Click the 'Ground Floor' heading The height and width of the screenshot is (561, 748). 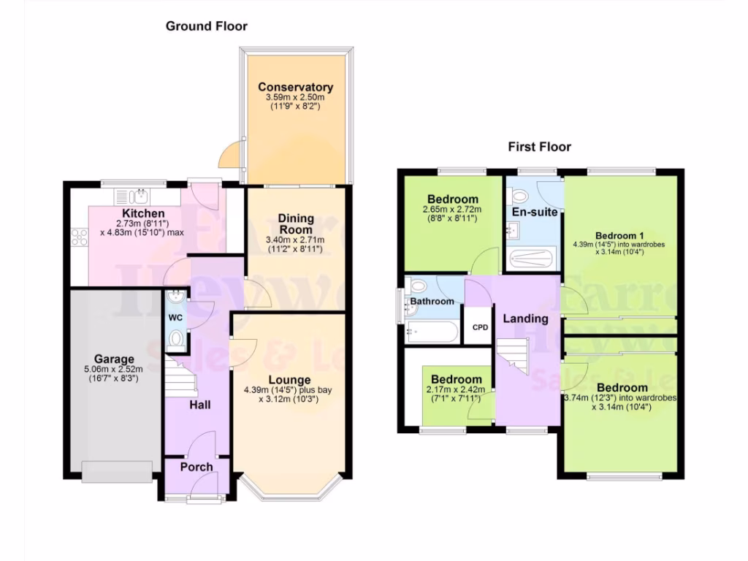[x=207, y=26]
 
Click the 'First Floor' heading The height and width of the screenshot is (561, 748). [x=540, y=147]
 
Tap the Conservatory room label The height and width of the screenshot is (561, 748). [x=295, y=88]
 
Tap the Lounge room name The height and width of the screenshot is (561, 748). [x=289, y=380]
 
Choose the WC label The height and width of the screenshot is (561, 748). [x=175, y=318]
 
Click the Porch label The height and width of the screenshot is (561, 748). [x=196, y=467]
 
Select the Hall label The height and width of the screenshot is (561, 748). [x=202, y=404]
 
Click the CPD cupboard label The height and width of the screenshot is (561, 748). [x=480, y=327]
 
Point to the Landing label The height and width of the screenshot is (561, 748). [x=525, y=318]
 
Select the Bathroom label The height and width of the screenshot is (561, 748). [x=432, y=301]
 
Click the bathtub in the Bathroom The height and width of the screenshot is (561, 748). [x=432, y=333]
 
